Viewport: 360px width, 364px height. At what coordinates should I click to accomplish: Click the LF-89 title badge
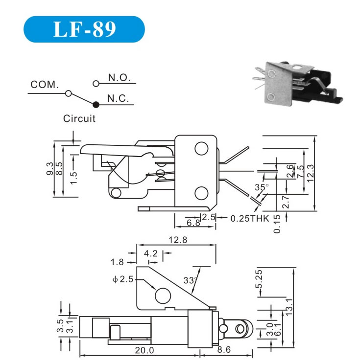[84, 29]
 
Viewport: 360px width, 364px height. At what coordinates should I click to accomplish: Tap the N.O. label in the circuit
[118, 78]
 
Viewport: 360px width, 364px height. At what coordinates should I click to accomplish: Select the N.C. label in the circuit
[118, 98]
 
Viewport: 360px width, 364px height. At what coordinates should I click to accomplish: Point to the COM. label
[45, 84]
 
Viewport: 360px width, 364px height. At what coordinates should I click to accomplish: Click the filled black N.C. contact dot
[96, 104]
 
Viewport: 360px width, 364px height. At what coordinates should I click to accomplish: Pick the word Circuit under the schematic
[79, 118]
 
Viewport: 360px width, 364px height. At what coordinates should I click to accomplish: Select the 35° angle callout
[262, 187]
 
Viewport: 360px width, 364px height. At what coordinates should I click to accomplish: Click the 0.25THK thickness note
[250, 218]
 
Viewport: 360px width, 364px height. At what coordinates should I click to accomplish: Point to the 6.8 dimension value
[193, 223]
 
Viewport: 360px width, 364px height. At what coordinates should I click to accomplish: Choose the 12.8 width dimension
[177, 240]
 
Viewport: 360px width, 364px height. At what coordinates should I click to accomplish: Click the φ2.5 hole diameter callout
[122, 280]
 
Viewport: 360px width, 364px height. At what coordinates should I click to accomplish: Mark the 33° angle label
[190, 280]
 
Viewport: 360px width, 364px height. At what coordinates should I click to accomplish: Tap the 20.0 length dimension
[145, 350]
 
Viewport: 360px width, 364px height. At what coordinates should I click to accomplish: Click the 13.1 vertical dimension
[289, 306]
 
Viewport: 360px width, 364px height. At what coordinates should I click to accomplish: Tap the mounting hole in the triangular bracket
[163, 296]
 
